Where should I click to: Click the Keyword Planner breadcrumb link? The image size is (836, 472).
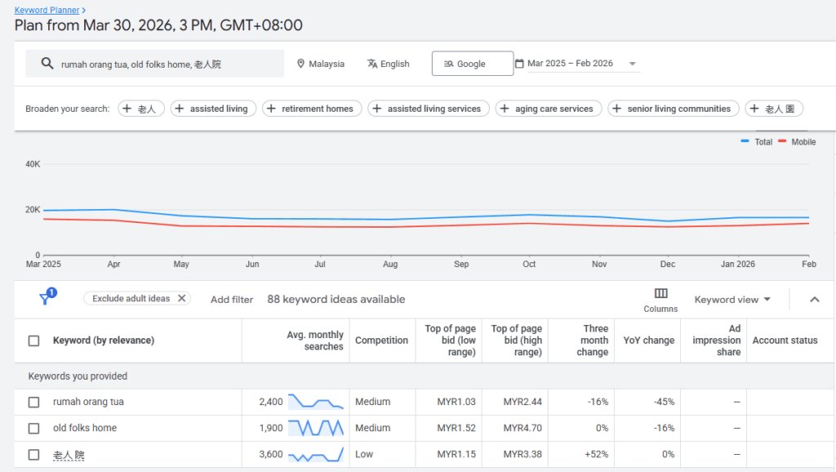coord(47,10)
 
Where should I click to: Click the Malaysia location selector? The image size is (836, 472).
coord(320,64)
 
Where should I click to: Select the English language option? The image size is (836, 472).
coord(388,64)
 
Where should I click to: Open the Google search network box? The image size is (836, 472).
coord(473,64)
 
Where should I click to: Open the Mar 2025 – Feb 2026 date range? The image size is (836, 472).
coord(576,64)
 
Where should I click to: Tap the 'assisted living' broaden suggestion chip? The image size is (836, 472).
coord(213,109)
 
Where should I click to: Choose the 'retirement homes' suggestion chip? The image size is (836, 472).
coord(312,109)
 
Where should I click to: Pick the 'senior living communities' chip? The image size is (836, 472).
coord(674,109)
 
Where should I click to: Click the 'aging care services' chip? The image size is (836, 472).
coord(549,109)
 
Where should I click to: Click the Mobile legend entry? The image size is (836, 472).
coord(797,142)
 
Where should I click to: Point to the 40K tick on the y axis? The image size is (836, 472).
coord(33,164)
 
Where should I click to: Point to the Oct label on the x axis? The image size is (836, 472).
coord(529,264)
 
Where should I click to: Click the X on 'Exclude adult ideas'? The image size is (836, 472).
coord(182,298)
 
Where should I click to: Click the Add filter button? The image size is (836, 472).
coord(232,300)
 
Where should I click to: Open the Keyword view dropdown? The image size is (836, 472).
coord(732,300)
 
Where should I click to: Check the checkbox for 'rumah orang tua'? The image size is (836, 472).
coord(33,402)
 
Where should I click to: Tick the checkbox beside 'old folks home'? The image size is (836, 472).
coord(33,428)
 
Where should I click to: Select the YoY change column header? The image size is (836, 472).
coord(648,341)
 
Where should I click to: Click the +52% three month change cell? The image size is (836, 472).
coord(596,454)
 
